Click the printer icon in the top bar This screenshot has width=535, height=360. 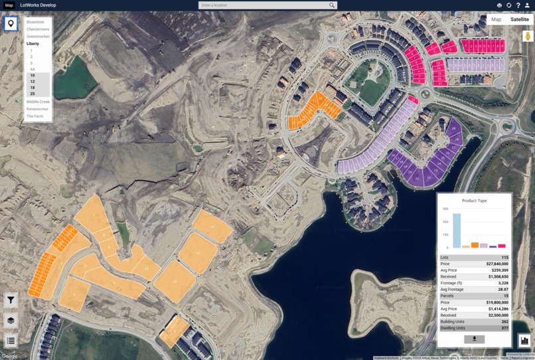[x=499, y=5]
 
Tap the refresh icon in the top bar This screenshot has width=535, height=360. [x=508, y=5]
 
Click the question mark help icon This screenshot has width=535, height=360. [x=518, y=5]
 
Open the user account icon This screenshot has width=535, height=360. [x=527, y=5]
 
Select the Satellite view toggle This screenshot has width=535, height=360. [x=520, y=20]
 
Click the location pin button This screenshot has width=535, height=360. [x=11, y=25]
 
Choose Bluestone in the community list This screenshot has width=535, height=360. [x=35, y=22]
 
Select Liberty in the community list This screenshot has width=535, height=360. [x=33, y=43]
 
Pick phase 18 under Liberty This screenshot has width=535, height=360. [x=32, y=88]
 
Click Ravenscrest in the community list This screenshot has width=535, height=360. [x=38, y=109]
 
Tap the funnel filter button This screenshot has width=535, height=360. [x=11, y=300]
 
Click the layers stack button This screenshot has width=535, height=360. [x=11, y=320]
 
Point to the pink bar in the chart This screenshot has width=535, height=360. [x=502, y=246]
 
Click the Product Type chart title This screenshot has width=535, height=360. [x=474, y=201]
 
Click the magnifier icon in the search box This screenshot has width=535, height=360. [x=332, y=5]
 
